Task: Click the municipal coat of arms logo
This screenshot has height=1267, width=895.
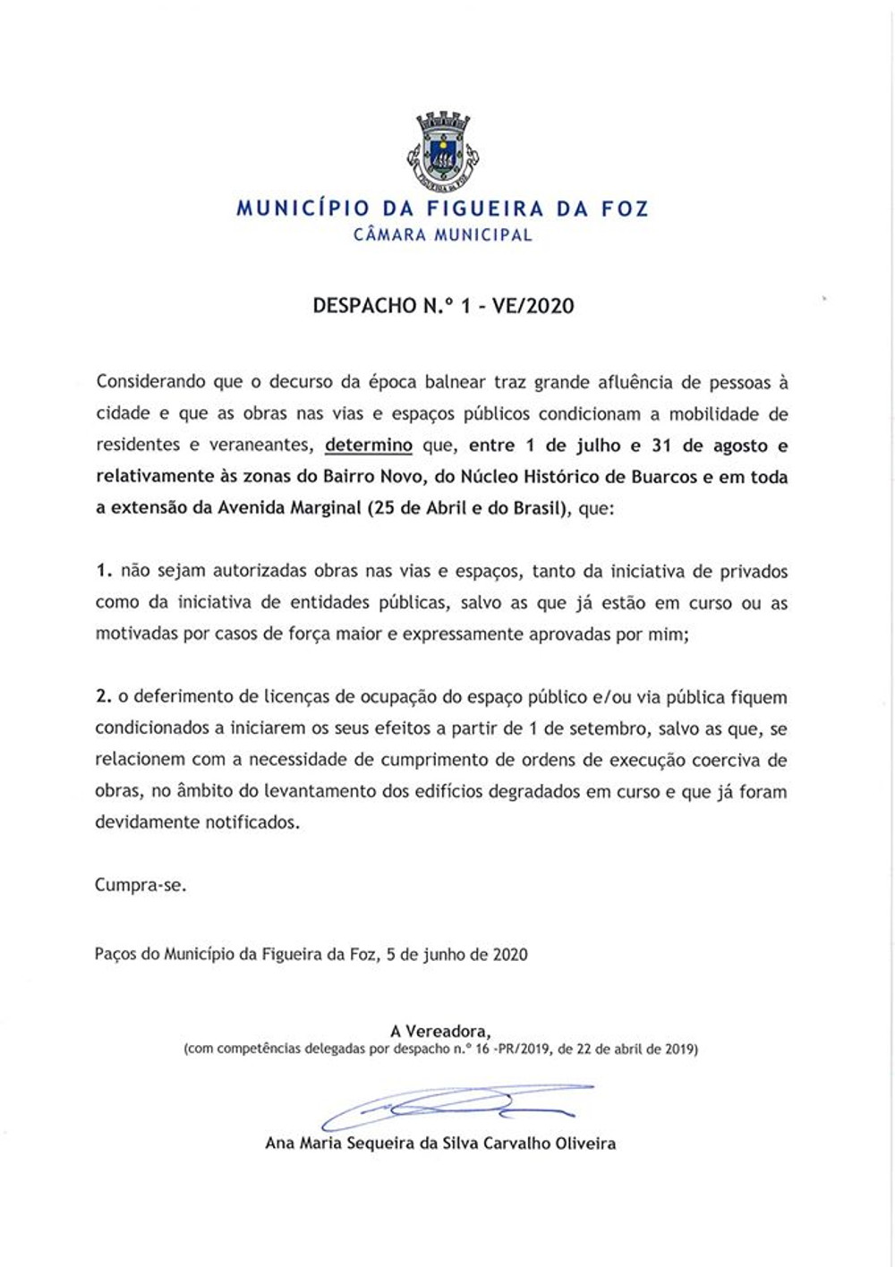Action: click(444, 151)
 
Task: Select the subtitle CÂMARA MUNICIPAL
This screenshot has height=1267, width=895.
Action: click(443, 235)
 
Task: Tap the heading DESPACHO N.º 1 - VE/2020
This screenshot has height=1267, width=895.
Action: click(443, 306)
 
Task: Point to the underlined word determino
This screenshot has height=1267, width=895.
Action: click(368, 446)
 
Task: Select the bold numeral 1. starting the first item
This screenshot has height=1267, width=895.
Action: click(105, 571)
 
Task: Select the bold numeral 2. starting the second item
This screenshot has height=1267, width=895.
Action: click(105, 697)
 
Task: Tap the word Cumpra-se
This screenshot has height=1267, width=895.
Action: click(141, 886)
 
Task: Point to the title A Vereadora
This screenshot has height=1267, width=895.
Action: click(440, 1031)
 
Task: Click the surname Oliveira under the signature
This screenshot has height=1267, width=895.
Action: click(582, 1144)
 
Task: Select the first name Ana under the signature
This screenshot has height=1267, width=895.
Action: click(280, 1144)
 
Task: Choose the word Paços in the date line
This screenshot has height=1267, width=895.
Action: click(115, 955)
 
